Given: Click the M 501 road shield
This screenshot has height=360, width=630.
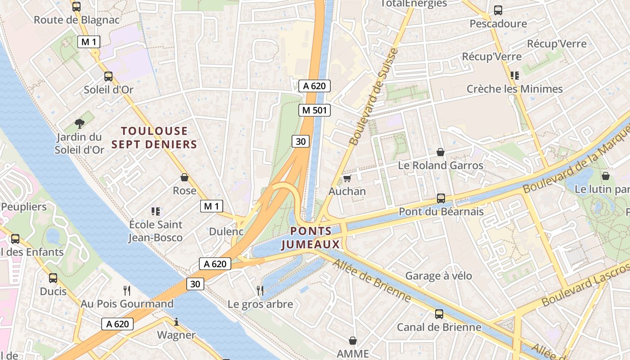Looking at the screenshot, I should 315,110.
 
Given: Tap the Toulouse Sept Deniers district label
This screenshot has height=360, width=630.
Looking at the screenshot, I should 154,138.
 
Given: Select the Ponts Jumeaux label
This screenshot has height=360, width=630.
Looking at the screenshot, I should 310,238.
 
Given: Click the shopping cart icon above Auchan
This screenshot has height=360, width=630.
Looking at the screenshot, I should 347,179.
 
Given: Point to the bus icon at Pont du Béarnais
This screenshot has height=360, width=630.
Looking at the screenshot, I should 441,198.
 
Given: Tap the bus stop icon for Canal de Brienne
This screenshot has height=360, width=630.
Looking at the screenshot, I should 439,314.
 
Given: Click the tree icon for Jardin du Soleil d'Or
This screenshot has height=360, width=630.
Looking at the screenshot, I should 80,123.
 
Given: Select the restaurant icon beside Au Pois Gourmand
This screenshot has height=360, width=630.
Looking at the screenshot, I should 127,291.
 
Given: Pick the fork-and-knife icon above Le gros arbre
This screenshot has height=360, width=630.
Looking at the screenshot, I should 260,291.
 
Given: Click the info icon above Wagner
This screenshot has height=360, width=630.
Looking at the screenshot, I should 176,322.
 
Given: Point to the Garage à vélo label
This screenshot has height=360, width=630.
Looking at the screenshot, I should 439,276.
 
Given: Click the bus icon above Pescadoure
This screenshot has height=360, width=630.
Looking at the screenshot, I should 498,10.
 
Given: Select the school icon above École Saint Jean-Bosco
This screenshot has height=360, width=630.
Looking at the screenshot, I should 156,211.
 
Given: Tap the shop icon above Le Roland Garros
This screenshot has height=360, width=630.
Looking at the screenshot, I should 441,152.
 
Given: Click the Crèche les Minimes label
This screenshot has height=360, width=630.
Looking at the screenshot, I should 514,89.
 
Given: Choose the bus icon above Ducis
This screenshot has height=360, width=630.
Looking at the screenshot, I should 53,278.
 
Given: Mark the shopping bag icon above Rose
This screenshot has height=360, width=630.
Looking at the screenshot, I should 184,177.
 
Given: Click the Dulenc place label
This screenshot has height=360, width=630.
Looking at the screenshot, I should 226,232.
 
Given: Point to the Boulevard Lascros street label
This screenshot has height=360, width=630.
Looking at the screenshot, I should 585,285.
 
